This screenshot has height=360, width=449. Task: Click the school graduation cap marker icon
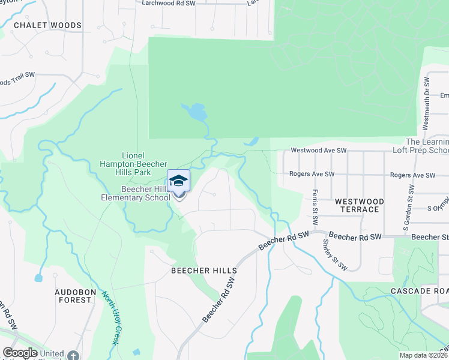click(178, 181)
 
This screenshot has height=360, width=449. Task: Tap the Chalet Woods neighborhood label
click(47, 25)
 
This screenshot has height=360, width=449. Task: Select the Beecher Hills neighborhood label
click(204, 271)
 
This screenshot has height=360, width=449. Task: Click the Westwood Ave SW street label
click(319, 150)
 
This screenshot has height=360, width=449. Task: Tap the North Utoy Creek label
click(109, 317)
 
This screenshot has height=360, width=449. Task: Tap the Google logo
click(20, 353)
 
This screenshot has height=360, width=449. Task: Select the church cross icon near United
click(73, 355)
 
